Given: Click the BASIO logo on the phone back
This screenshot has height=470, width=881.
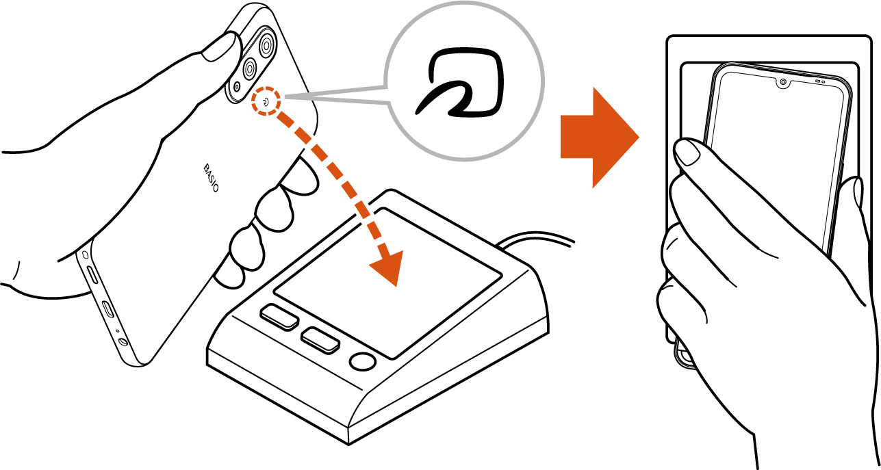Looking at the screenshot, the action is tap(211, 178).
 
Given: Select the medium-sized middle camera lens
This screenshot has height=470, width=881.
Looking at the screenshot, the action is tap(250, 70).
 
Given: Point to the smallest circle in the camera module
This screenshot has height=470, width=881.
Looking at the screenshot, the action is tap(237, 86).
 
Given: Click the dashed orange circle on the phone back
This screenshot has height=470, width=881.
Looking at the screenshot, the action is tap(266, 101).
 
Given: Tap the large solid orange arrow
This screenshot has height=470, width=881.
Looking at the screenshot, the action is tap(600, 138).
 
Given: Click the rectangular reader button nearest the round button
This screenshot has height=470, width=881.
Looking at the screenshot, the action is tap(320, 340).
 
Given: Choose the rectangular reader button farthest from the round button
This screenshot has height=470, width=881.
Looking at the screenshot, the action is tap(279, 316).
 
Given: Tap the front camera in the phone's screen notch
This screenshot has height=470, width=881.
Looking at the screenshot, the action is tap(783, 82).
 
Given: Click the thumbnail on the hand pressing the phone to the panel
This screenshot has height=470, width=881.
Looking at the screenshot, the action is tap(687, 152).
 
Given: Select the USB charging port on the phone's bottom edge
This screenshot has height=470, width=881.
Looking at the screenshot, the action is tap(107, 309).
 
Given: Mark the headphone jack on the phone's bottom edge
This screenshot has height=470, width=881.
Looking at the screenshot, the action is tap(123, 341).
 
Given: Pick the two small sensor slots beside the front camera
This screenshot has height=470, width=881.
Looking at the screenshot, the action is tap(820, 81).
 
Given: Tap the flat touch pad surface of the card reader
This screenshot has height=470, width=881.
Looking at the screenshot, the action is tap(387, 283).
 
